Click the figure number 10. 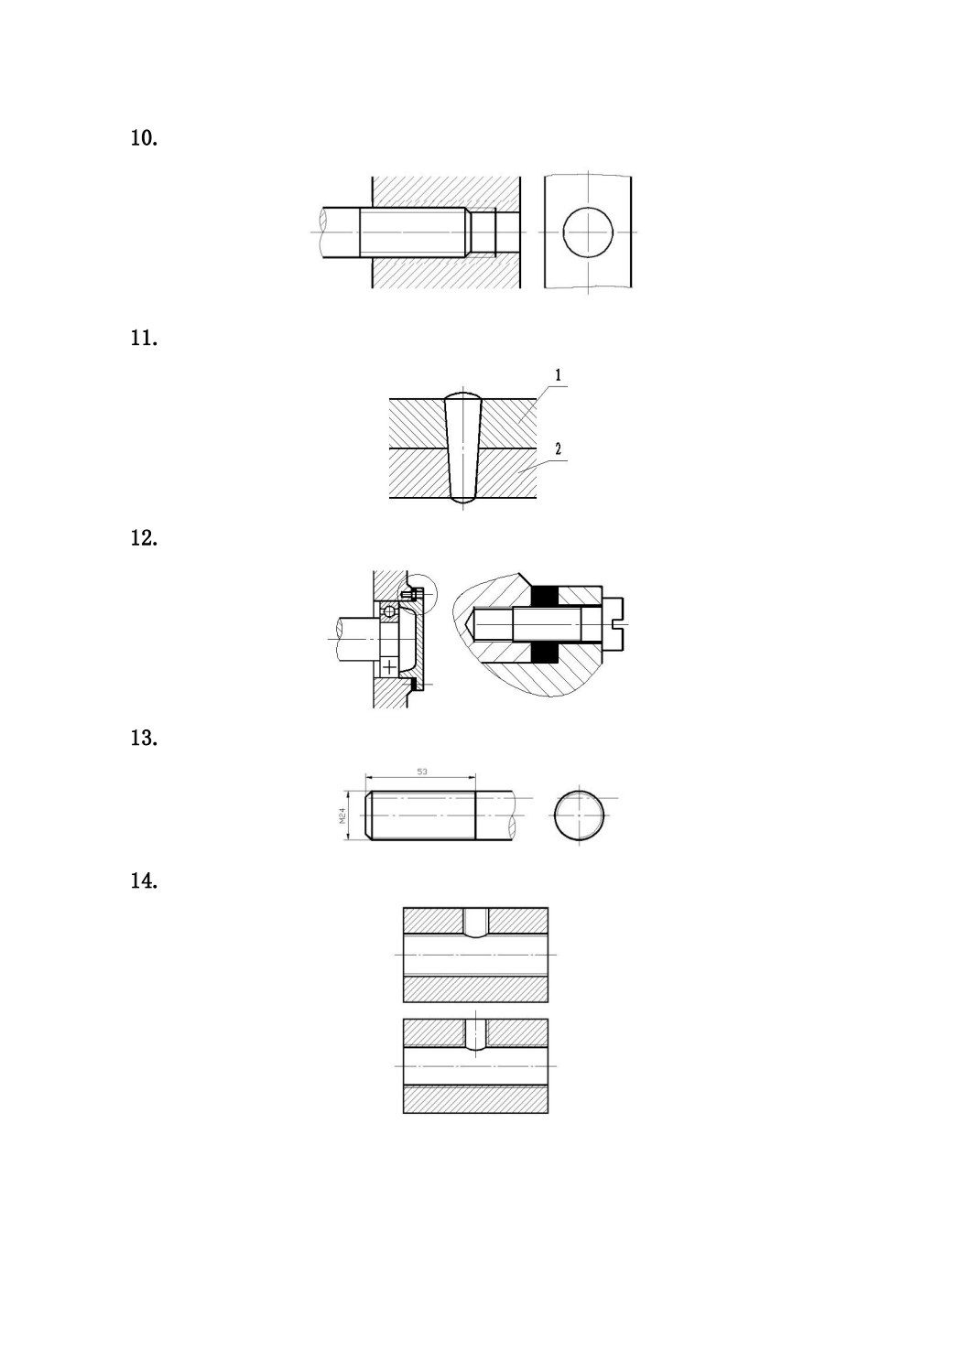tap(144, 138)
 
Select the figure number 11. tap(144, 338)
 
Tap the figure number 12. tap(144, 537)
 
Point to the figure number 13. tap(144, 738)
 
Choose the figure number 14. tap(144, 881)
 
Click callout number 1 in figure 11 tap(558, 375)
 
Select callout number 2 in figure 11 tap(558, 448)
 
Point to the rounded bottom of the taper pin tap(462, 499)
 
